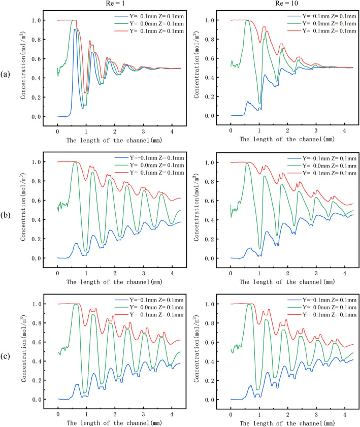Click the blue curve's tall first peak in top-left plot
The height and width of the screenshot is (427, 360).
(75, 29)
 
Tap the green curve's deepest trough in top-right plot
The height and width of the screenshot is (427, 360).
(259, 103)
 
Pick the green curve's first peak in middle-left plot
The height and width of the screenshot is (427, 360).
(75, 162)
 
